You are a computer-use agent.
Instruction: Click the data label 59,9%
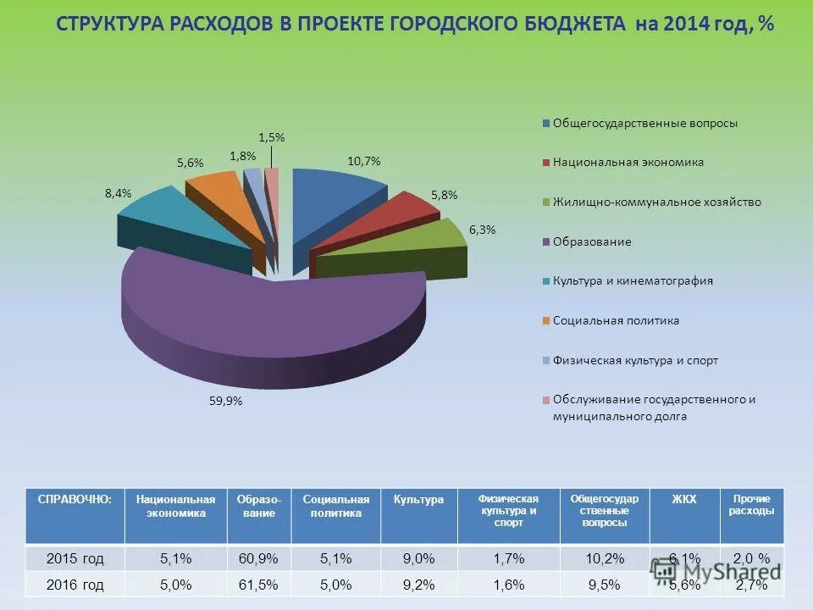226,402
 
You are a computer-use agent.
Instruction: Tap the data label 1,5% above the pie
271,137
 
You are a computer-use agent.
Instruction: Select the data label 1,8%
242,156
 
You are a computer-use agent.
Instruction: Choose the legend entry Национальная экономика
628,162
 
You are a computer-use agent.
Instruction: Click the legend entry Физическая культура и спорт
635,360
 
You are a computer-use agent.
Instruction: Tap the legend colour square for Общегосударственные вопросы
546,124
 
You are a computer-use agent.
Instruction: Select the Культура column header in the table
418,500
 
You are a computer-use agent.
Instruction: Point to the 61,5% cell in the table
259,585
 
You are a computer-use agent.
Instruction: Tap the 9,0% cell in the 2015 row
418,558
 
